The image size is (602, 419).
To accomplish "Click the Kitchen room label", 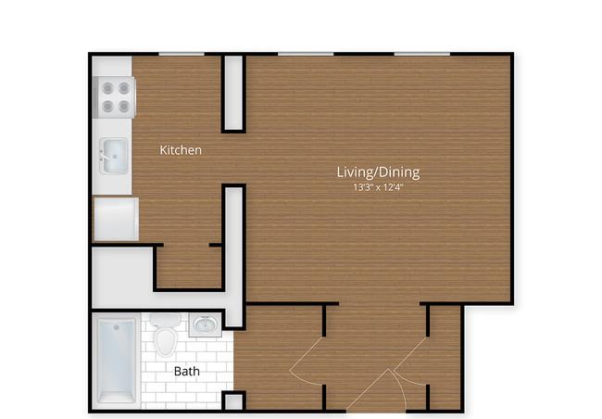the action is (181, 150).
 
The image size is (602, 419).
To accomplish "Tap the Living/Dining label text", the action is (378, 172).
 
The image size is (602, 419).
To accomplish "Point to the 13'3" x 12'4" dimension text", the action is (378, 187).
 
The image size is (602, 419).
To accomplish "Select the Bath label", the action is (186, 371).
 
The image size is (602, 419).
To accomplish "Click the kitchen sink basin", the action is (115, 156).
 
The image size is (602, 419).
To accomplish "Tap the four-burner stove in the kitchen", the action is (115, 97).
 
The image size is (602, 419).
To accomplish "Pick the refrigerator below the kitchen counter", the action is (117, 219).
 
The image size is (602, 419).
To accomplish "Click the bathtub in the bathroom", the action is (117, 361).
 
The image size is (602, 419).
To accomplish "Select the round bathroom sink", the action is (206, 325).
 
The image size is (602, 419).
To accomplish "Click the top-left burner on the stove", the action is (107, 88).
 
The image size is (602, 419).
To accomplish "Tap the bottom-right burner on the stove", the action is (123, 106).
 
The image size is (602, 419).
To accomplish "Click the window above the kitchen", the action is (182, 54).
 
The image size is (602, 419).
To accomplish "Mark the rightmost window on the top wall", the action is (422, 54).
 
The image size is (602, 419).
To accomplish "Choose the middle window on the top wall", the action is (306, 54).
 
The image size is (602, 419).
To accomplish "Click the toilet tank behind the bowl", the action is (165, 320).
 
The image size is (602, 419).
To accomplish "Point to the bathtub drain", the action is (117, 327).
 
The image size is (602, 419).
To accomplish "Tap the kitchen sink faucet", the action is (104, 157).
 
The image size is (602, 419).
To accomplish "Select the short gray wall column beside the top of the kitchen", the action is (233, 93).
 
